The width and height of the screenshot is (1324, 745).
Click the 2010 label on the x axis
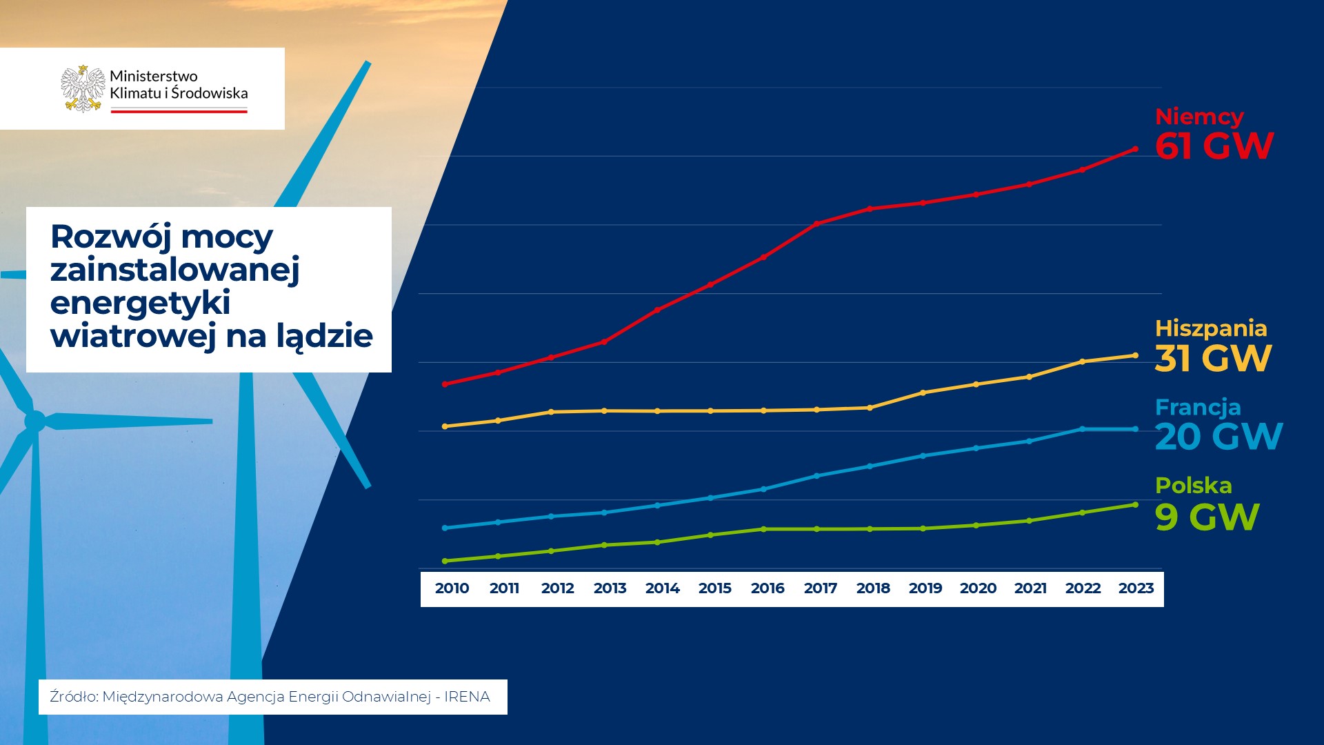(452, 588)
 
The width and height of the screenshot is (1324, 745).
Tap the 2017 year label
(820, 588)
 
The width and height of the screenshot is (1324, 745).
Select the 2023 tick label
(1136, 588)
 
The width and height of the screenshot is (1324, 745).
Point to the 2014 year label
(662, 588)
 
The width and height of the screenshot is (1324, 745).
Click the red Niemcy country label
(1199, 117)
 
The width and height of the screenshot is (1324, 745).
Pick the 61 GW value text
(1214, 146)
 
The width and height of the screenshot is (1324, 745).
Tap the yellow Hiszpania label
(1211, 328)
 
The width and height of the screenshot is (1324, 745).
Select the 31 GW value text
(1213, 359)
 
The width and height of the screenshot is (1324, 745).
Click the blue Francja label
(1198, 407)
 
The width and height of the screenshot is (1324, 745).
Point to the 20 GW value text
(1218, 437)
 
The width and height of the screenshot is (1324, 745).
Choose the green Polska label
(1193, 486)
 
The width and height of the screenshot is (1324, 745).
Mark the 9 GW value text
(1207, 517)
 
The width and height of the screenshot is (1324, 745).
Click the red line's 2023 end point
(1135, 149)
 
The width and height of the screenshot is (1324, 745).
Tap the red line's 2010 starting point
(445, 384)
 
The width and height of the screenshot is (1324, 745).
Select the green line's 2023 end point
(1135, 505)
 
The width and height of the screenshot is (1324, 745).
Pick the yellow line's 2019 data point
(923, 393)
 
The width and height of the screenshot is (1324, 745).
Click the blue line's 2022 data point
(1082, 429)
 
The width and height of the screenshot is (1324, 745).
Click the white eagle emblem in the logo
(83, 88)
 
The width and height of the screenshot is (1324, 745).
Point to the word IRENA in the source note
(467, 697)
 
